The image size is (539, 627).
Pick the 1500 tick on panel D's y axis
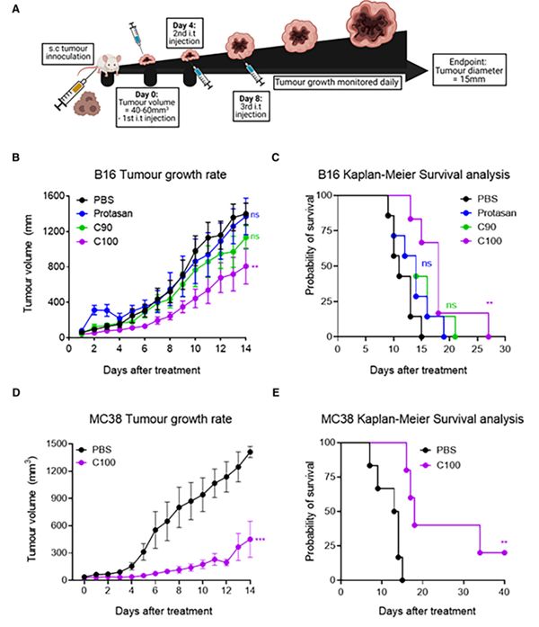(x=49, y=443)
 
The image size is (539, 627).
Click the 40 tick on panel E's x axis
(x=503, y=596)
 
